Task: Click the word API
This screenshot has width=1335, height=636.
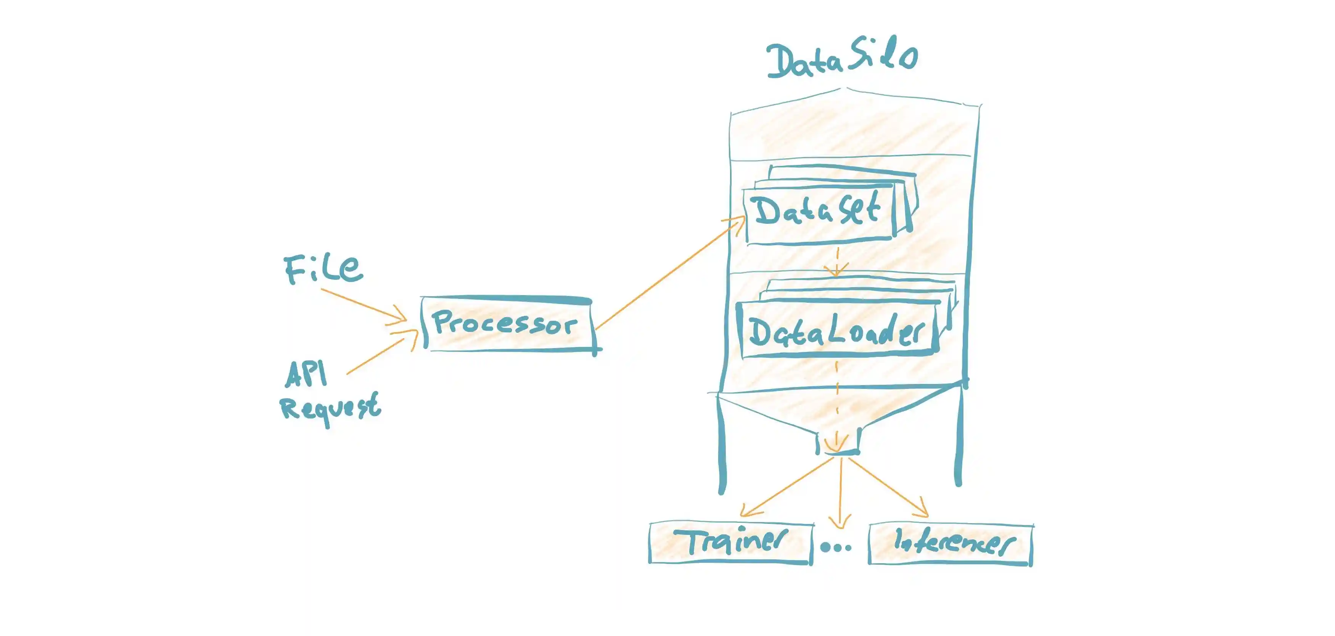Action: pyautogui.click(x=306, y=374)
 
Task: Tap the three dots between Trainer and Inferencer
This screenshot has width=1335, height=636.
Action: pyautogui.click(x=836, y=546)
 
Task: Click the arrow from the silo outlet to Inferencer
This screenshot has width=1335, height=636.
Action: pyautogui.click(x=886, y=487)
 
